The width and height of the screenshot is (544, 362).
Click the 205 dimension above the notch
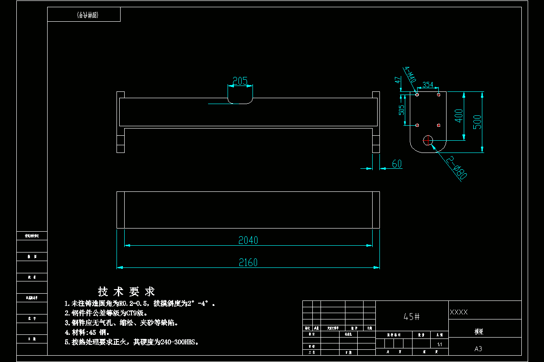tap(240, 81)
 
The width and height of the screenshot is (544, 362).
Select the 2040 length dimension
tap(248, 240)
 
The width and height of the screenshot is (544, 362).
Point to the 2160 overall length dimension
tap(248, 262)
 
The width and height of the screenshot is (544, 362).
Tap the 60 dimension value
tap(397, 164)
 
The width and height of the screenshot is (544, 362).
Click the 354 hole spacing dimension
tap(427, 85)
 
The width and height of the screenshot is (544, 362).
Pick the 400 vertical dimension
tap(459, 116)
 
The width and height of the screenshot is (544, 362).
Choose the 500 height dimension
tap(477, 122)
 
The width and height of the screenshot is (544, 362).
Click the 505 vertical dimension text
tap(401, 110)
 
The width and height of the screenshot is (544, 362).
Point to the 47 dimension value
tap(398, 80)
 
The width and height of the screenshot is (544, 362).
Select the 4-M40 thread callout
tap(410, 75)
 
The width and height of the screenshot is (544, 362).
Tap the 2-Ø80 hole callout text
tap(456, 168)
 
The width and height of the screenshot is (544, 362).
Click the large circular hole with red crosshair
tap(428, 140)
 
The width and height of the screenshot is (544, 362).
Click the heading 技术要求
tap(126, 291)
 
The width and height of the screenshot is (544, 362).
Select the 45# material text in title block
tap(412, 317)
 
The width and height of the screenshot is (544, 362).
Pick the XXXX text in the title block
tap(459, 312)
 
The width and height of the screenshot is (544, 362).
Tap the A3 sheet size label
tap(478, 349)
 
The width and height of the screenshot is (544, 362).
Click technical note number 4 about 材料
tap(87, 333)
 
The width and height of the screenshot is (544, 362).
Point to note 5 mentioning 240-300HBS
tap(132, 343)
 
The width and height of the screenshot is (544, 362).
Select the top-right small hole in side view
tap(438, 95)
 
